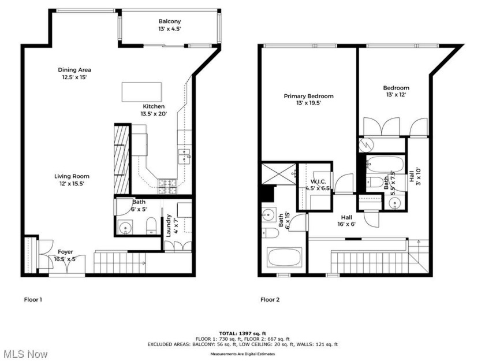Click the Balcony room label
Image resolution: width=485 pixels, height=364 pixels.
pyautogui.click(x=171, y=25)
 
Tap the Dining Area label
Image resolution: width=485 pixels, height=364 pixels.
pyautogui.click(x=74, y=73)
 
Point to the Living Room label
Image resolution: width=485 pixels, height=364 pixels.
pyautogui.click(x=72, y=180)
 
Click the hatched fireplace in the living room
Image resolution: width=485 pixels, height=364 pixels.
pyautogui.click(x=122, y=159)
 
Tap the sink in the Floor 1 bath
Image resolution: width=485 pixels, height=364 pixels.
pyautogui.click(x=126, y=226)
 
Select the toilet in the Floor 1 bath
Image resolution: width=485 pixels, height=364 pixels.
pyautogui.click(x=150, y=225)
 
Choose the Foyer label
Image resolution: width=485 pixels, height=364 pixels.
pyautogui.click(x=65, y=255)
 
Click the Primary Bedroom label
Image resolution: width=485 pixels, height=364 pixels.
pyautogui.click(x=308, y=99)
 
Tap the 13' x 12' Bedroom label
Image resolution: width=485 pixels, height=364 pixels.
pyautogui.click(x=396, y=91)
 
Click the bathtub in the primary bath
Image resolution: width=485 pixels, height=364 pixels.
pyautogui.click(x=285, y=257)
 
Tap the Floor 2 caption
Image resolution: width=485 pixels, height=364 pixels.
pyautogui.click(x=270, y=299)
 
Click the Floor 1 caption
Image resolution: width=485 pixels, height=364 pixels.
pyautogui.click(x=33, y=299)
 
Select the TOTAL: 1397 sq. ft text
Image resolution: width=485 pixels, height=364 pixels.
pyautogui.click(x=242, y=333)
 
